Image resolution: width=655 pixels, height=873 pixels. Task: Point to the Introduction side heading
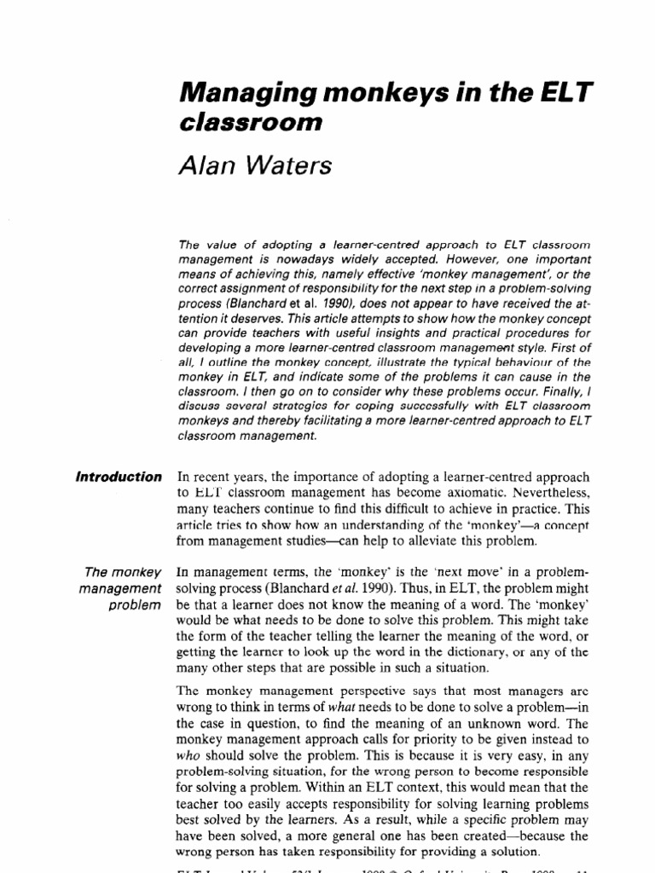click(118, 477)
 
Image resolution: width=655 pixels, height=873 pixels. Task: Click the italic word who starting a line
click(188, 755)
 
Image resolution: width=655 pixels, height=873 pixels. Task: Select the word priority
click(410, 740)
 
